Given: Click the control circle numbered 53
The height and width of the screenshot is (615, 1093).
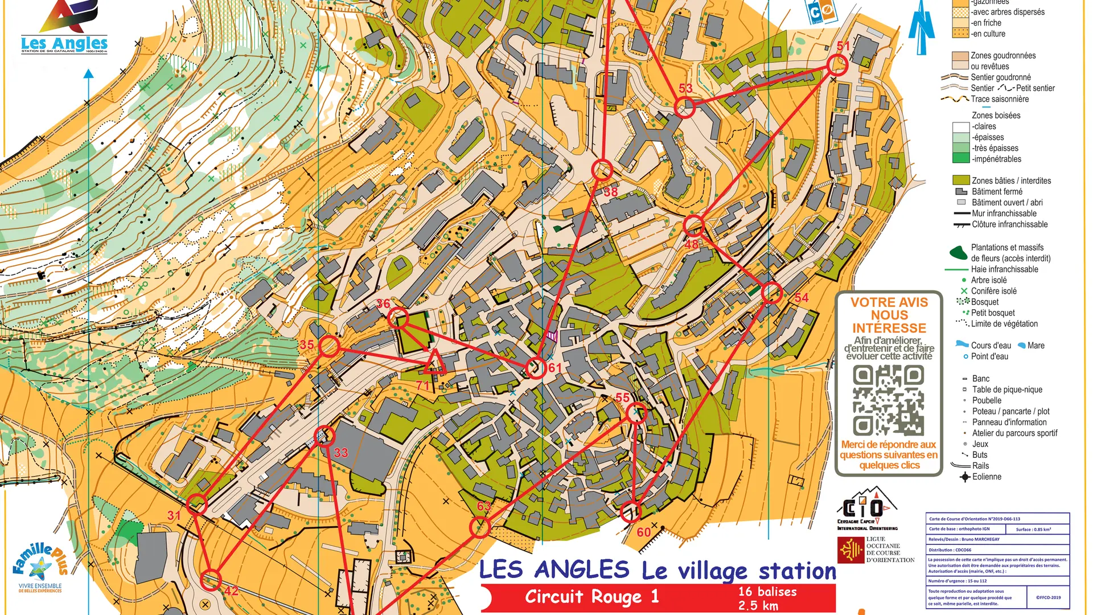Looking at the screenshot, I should point(685,107).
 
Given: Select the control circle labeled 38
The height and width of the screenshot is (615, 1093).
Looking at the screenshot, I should point(602,170).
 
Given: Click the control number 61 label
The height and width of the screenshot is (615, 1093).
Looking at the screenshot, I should point(555,368).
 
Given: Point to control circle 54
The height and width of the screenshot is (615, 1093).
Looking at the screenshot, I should point(771,292).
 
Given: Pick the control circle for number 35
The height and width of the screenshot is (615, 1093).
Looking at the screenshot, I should point(329,346).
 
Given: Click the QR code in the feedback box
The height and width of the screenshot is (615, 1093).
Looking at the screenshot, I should point(888,400).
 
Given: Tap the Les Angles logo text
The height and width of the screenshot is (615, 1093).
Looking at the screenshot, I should point(64,43).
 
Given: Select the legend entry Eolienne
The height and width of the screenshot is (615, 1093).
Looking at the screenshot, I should point(987,477).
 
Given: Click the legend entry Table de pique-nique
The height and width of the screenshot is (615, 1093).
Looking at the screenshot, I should point(1007,389).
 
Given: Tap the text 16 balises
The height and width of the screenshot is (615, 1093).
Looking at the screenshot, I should point(767,592).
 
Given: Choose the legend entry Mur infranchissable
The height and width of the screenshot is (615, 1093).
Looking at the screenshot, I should point(1004,214).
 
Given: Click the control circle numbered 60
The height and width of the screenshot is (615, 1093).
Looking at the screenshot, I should point(630,512).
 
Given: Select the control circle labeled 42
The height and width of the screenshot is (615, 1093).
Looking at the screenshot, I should point(211,580).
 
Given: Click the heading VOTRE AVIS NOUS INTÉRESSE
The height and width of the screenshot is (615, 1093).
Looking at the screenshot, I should point(889,315).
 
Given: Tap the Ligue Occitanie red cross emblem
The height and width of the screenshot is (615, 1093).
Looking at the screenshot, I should point(851,550).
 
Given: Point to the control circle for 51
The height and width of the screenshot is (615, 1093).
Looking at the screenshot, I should point(837,65).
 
